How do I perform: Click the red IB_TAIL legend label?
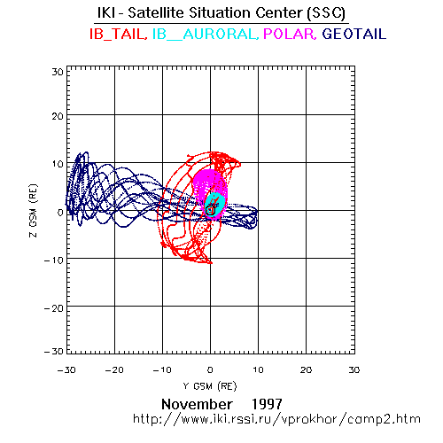point(119,34)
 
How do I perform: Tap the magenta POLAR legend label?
point(290,34)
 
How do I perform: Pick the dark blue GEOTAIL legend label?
point(354,34)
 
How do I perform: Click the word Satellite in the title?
point(157,13)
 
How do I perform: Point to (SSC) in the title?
point(326,13)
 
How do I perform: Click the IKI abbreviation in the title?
point(106,13)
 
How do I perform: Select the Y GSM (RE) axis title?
point(210,386)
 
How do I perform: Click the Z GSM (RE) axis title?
point(34,211)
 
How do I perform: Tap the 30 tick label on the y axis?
point(58,72)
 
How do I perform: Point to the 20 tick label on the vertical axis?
point(58,116)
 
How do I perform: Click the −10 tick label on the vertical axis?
point(54,260)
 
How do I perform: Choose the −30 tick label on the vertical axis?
point(54,352)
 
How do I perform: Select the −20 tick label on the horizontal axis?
point(114,370)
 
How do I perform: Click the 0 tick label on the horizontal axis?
point(210,370)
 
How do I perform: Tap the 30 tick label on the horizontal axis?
point(354,370)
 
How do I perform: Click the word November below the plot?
point(197,404)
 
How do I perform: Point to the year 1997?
point(267,404)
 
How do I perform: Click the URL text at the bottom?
point(276,419)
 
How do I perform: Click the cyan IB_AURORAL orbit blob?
point(215,205)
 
